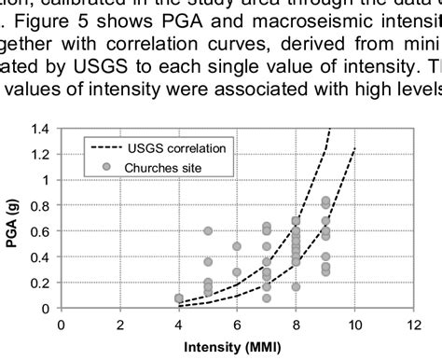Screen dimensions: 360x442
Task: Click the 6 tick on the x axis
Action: (238, 324)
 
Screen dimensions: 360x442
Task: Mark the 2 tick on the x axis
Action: (120, 324)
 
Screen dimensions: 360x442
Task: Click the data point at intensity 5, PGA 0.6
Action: (208, 230)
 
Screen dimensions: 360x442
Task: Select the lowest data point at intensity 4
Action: (179, 300)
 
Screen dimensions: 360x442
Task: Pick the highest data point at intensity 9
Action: (325, 201)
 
